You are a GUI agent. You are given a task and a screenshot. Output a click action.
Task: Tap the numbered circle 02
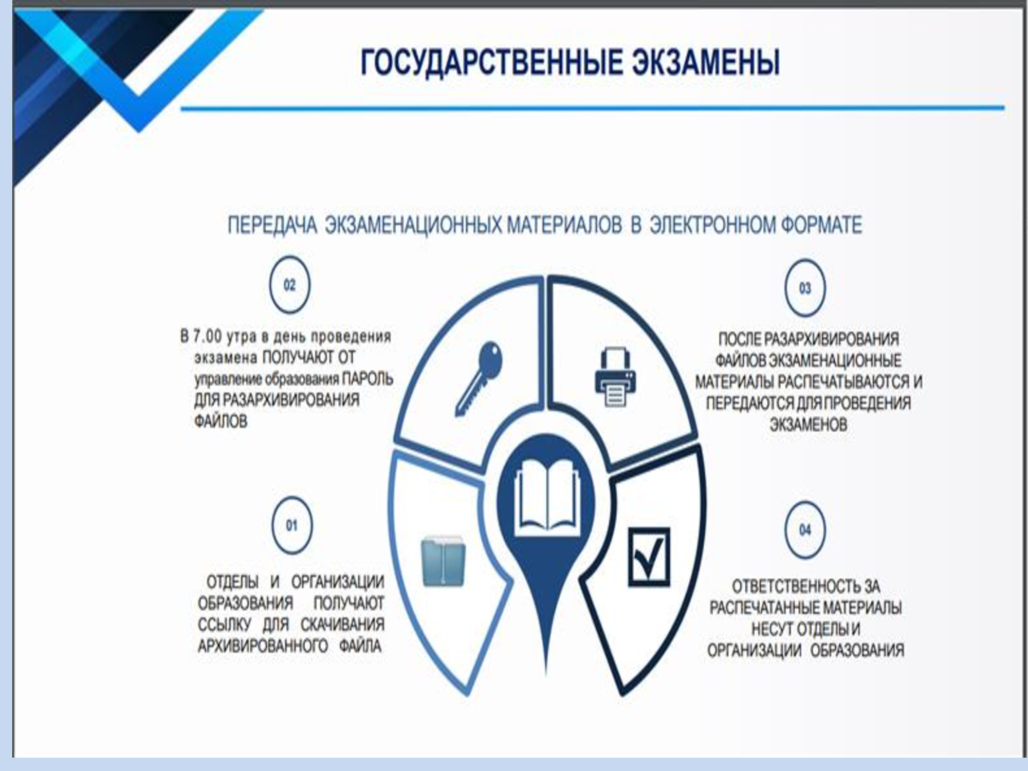pyautogui.click(x=290, y=285)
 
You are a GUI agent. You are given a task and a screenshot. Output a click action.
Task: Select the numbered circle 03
pyautogui.click(x=805, y=288)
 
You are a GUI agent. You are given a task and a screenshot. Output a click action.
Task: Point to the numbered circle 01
pyautogui.click(x=291, y=525)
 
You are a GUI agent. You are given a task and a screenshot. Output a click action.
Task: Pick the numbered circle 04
pyautogui.click(x=805, y=529)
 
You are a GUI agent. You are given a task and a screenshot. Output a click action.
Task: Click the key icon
pyautogui.click(x=478, y=378)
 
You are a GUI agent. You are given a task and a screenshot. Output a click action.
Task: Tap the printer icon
pyautogui.click(x=615, y=377)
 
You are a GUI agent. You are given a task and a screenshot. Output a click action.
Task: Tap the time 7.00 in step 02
pyautogui.click(x=207, y=336)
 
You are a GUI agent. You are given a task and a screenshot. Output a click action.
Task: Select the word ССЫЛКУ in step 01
pyautogui.click(x=224, y=624)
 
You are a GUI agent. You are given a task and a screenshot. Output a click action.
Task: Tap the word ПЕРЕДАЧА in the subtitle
pyautogui.click(x=272, y=225)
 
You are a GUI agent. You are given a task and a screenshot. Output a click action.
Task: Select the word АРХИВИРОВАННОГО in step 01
pyautogui.click(x=263, y=646)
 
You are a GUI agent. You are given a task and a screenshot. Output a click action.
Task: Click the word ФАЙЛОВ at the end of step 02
pyautogui.click(x=221, y=421)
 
